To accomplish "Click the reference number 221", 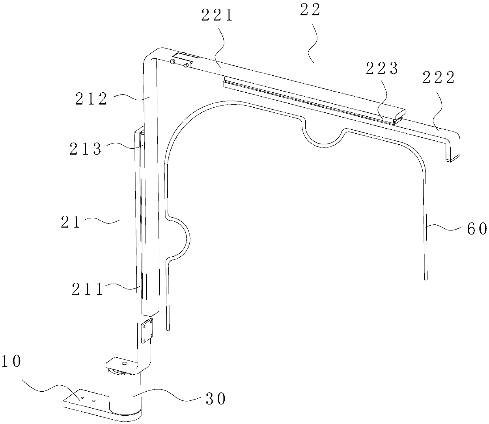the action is click(217, 16).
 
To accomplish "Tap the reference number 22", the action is click(311, 11).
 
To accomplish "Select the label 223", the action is click(382, 69).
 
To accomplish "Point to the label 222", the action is click(439, 78).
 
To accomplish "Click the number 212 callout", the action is click(91, 99).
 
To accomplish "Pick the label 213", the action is click(86, 149).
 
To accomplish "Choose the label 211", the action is click(87, 290).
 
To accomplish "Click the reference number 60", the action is click(477, 229).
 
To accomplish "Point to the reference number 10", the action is click(11, 361).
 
